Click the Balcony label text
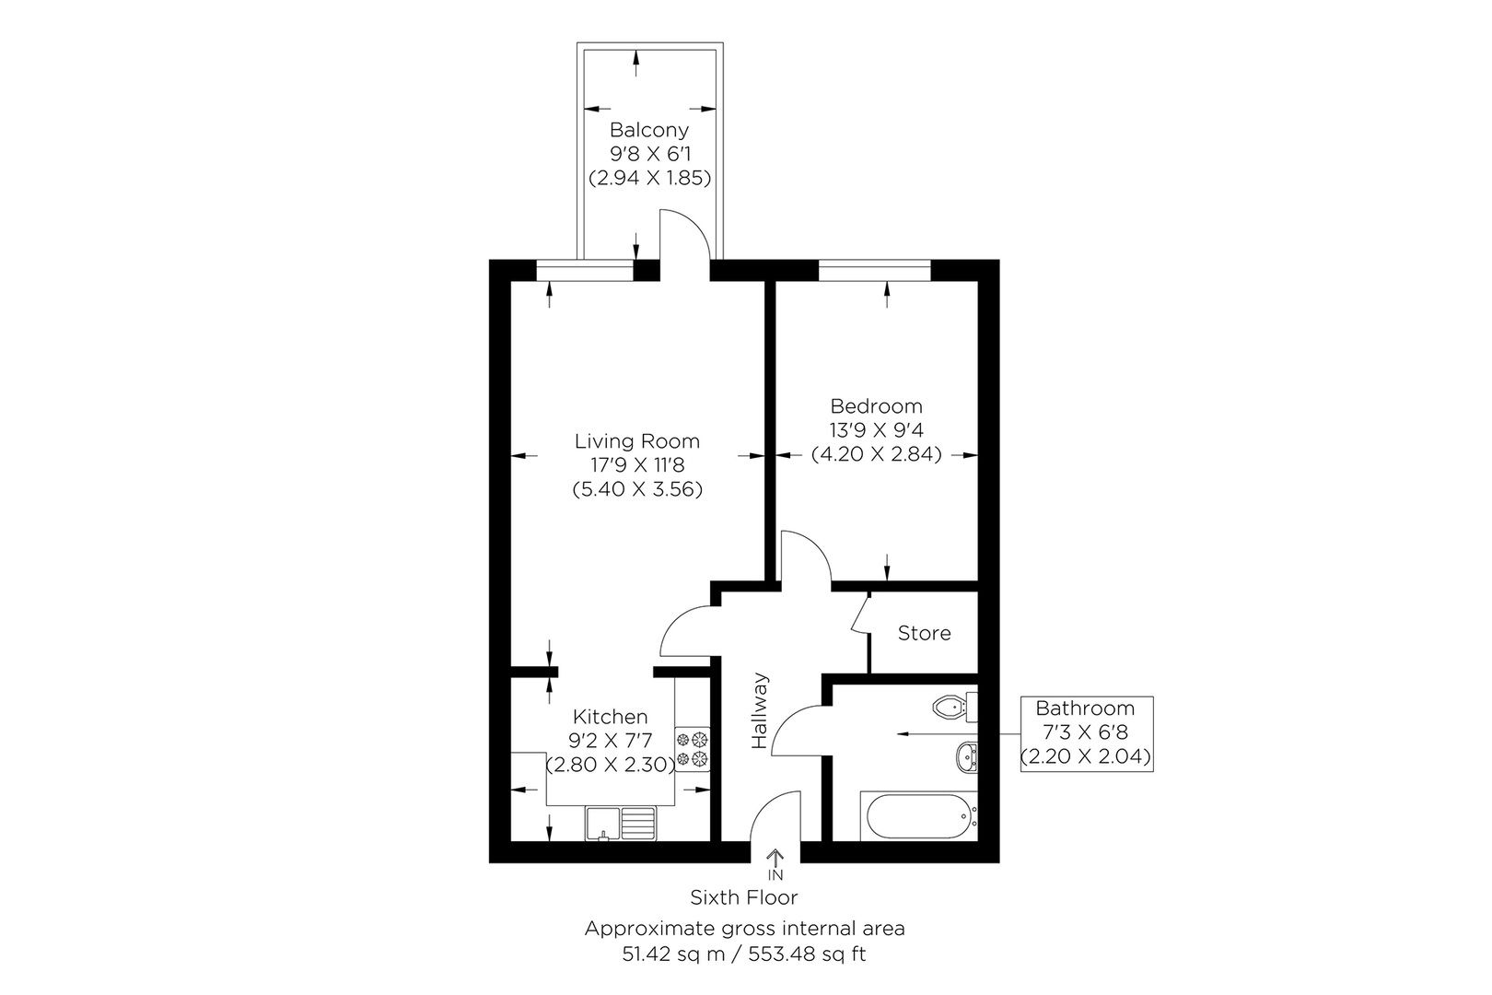tap(648, 130)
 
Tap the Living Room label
tap(637, 440)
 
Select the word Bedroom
tap(876, 405)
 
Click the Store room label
tap(924, 633)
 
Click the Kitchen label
tap(610, 716)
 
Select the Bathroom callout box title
tap(1085, 708)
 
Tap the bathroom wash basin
tap(966, 757)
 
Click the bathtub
tap(917, 814)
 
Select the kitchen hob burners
tap(693, 748)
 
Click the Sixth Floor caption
tap(744, 896)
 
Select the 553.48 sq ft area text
tap(810, 954)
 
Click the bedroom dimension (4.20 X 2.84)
tap(876, 453)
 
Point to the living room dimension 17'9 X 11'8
tap(637, 465)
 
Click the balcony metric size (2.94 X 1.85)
tap(648, 178)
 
